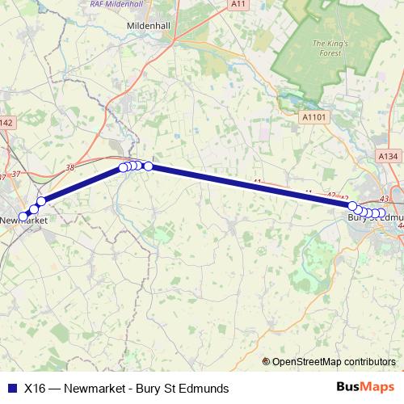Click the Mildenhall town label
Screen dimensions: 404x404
tap(148, 26)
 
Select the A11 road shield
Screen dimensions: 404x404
tap(238, 4)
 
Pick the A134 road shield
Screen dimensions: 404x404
tap(387, 156)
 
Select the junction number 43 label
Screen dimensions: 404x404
tap(384, 199)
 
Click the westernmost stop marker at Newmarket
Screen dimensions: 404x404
tap(24, 216)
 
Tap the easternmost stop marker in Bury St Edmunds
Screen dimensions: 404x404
tap(381, 214)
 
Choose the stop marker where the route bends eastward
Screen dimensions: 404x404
tap(149, 166)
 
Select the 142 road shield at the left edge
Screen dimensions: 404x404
tap(6, 123)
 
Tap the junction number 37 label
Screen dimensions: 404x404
tap(3, 176)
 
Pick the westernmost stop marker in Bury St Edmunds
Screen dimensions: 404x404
tap(353, 206)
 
